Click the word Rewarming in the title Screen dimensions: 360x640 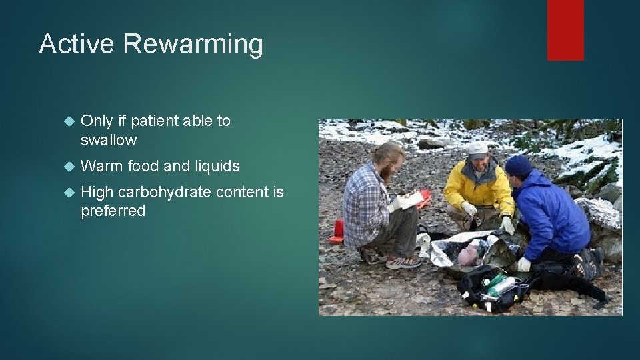click(193, 45)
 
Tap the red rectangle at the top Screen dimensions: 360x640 click(565, 30)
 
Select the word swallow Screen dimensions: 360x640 click(109, 140)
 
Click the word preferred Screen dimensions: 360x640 click(113, 211)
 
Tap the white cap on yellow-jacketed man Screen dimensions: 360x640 click(477, 148)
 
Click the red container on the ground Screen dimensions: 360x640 click(337, 230)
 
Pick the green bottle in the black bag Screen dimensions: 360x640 click(497, 283)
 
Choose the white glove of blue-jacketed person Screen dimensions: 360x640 click(525, 264)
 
